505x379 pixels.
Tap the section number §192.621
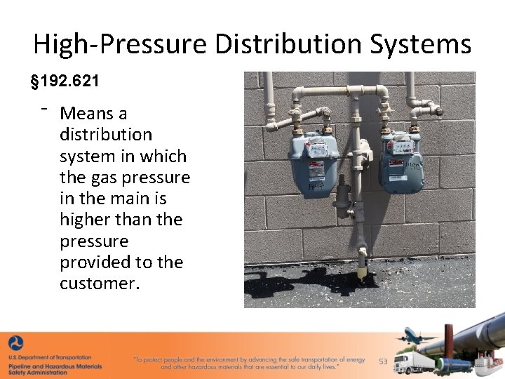click(x=65, y=81)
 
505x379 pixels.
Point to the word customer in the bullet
click(x=95, y=284)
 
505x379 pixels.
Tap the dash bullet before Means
click(x=43, y=109)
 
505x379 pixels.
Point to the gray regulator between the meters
click(x=342, y=197)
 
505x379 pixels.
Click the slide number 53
click(x=383, y=361)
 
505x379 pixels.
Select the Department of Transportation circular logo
click(x=16, y=345)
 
